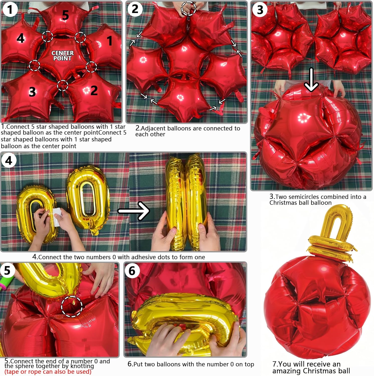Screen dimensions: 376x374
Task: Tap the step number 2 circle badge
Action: point(135,9)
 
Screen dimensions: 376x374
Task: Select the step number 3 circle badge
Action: point(260,10)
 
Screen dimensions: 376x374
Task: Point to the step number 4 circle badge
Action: point(9,160)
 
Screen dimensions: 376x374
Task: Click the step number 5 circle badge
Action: point(7,270)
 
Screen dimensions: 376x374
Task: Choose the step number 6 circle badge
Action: point(132,271)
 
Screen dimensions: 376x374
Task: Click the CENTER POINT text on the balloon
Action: point(63,56)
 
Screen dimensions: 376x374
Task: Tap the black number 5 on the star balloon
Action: point(65,15)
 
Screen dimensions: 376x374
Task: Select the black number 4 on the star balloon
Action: point(21,38)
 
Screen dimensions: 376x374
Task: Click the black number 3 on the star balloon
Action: point(32,92)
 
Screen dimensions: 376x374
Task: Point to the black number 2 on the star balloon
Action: point(94,90)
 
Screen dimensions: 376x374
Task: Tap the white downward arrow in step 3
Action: point(311,80)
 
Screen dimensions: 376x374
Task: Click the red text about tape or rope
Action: point(48,371)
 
